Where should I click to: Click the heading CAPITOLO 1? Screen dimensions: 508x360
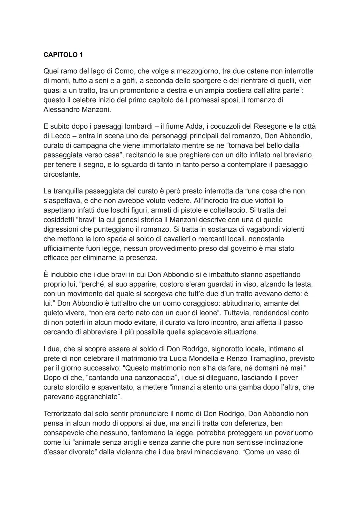click(x=63, y=55)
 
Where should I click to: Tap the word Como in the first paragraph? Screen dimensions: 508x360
click(x=123, y=71)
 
